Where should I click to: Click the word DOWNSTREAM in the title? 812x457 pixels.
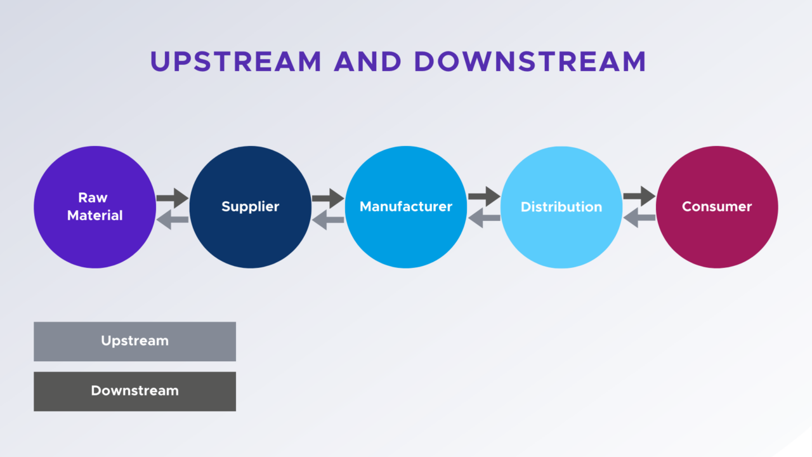(530, 62)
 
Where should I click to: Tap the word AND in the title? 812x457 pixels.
(368, 62)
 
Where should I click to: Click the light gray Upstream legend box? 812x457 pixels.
(134, 341)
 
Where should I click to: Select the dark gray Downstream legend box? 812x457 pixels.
(134, 391)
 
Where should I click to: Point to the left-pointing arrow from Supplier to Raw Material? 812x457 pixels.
(173, 220)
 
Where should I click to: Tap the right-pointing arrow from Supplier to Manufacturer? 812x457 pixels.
(328, 197)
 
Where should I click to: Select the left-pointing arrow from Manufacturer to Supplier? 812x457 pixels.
(328, 220)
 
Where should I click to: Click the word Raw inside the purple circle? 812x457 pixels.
(93, 197)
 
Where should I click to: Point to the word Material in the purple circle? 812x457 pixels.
(95, 216)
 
